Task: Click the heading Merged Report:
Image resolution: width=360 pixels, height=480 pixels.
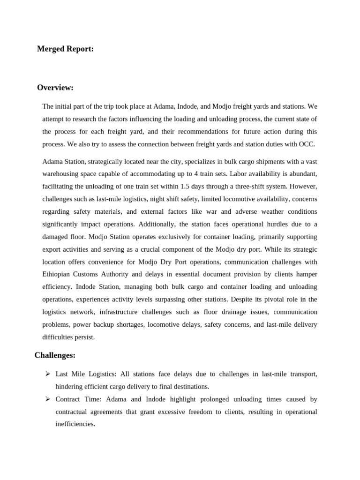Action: point(65,49)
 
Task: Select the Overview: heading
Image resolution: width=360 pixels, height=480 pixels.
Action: point(55,88)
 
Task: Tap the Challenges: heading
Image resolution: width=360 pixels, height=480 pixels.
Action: point(55,355)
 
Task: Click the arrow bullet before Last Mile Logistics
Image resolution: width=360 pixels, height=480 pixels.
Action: point(47,374)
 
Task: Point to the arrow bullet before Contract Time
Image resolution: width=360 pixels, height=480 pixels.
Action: point(47,399)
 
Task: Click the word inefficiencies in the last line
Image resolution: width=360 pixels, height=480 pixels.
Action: point(75,424)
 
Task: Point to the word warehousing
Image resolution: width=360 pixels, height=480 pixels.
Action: point(61,174)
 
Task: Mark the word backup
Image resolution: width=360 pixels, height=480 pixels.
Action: point(95,324)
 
